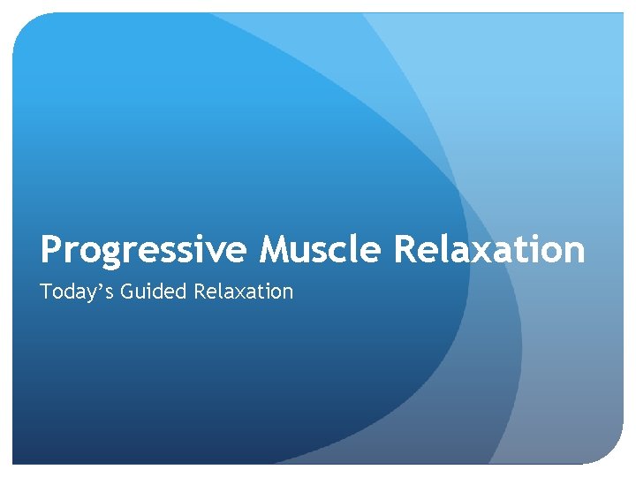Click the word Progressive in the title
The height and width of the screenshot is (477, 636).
click(x=145, y=250)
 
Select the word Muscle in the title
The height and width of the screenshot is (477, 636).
click(x=321, y=250)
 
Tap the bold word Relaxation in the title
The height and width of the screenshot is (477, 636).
click(x=488, y=250)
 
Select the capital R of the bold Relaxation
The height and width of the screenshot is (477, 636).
click(x=405, y=250)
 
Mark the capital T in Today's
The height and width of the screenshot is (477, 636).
click(x=46, y=291)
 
